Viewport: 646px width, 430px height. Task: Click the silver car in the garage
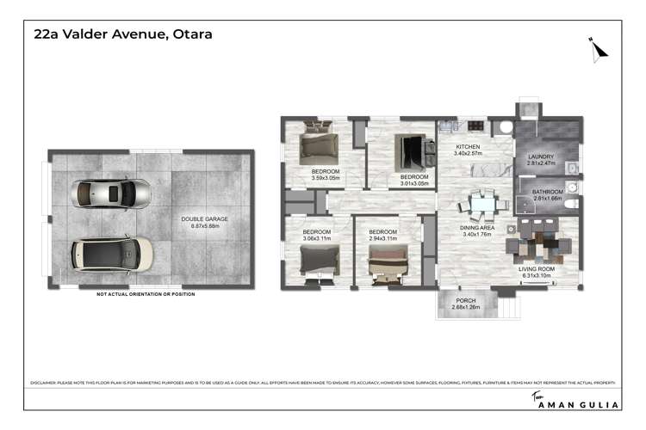click(112, 193)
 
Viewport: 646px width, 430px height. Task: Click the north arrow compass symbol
click(598, 48)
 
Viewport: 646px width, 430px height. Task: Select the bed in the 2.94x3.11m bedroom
click(386, 265)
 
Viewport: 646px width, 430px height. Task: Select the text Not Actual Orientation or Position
click(146, 294)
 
